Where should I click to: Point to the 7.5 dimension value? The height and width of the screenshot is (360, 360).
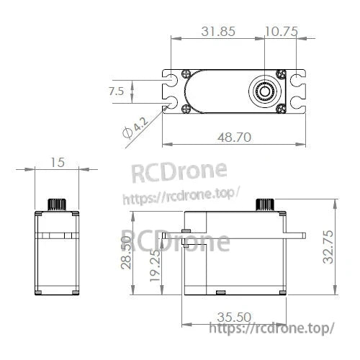click(x=117, y=91)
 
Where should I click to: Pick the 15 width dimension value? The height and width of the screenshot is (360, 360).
click(x=58, y=163)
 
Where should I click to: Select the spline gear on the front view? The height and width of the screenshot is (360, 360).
click(x=58, y=202)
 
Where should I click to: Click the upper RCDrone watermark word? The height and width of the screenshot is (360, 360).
click(x=178, y=173)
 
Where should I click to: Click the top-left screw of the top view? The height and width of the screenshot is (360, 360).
click(x=186, y=73)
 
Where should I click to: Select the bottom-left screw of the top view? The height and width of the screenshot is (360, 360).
click(x=186, y=109)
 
